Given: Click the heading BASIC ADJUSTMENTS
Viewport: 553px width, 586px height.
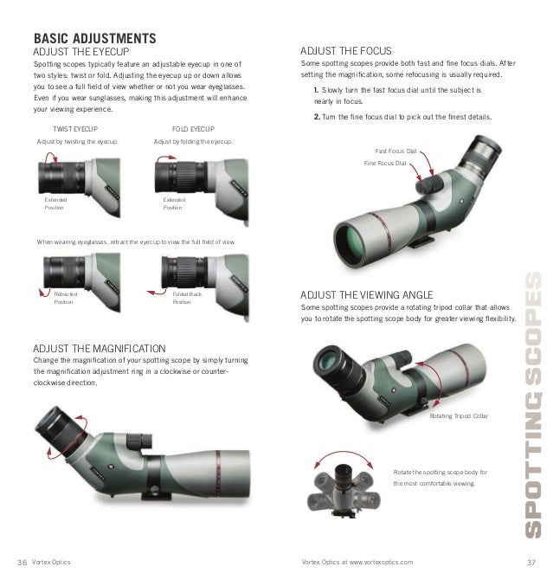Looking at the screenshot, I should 93,39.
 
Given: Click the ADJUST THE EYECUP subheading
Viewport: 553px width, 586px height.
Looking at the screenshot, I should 80,51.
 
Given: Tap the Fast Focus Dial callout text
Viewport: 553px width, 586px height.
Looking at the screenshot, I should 395,151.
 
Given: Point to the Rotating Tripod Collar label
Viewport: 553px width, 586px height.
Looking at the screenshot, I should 459,416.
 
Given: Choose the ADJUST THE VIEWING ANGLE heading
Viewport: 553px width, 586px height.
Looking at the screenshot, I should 372,294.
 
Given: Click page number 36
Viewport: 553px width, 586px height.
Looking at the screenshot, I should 23,563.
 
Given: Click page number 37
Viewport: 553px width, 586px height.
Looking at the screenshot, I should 531,563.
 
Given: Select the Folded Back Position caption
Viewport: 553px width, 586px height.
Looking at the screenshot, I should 186,299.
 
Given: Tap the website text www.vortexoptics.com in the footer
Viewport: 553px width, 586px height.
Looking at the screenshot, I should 381,563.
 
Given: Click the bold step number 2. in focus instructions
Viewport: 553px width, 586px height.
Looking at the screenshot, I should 318,117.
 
